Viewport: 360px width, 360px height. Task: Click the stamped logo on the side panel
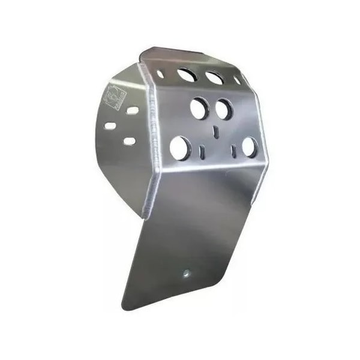coord(115,97)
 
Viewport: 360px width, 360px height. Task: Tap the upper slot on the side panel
coord(131,111)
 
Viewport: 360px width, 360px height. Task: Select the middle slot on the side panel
coord(110,127)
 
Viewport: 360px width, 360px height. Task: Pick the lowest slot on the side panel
coord(130,142)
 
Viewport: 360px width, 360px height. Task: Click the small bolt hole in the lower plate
coord(186,272)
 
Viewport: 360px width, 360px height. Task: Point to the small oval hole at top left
coord(160,74)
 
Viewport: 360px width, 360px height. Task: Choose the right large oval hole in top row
coord(214,78)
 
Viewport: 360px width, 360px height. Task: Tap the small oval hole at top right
coord(237,80)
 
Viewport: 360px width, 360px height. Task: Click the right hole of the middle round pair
coord(223,110)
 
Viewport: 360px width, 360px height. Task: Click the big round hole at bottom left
coord(179,148)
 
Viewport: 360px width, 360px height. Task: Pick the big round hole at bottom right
coord(249,147)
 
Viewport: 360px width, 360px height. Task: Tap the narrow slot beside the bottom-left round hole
coord(202,151)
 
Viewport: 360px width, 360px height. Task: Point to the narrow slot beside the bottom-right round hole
coord(233,151)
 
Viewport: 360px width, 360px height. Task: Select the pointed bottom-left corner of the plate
coord(124,302)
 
